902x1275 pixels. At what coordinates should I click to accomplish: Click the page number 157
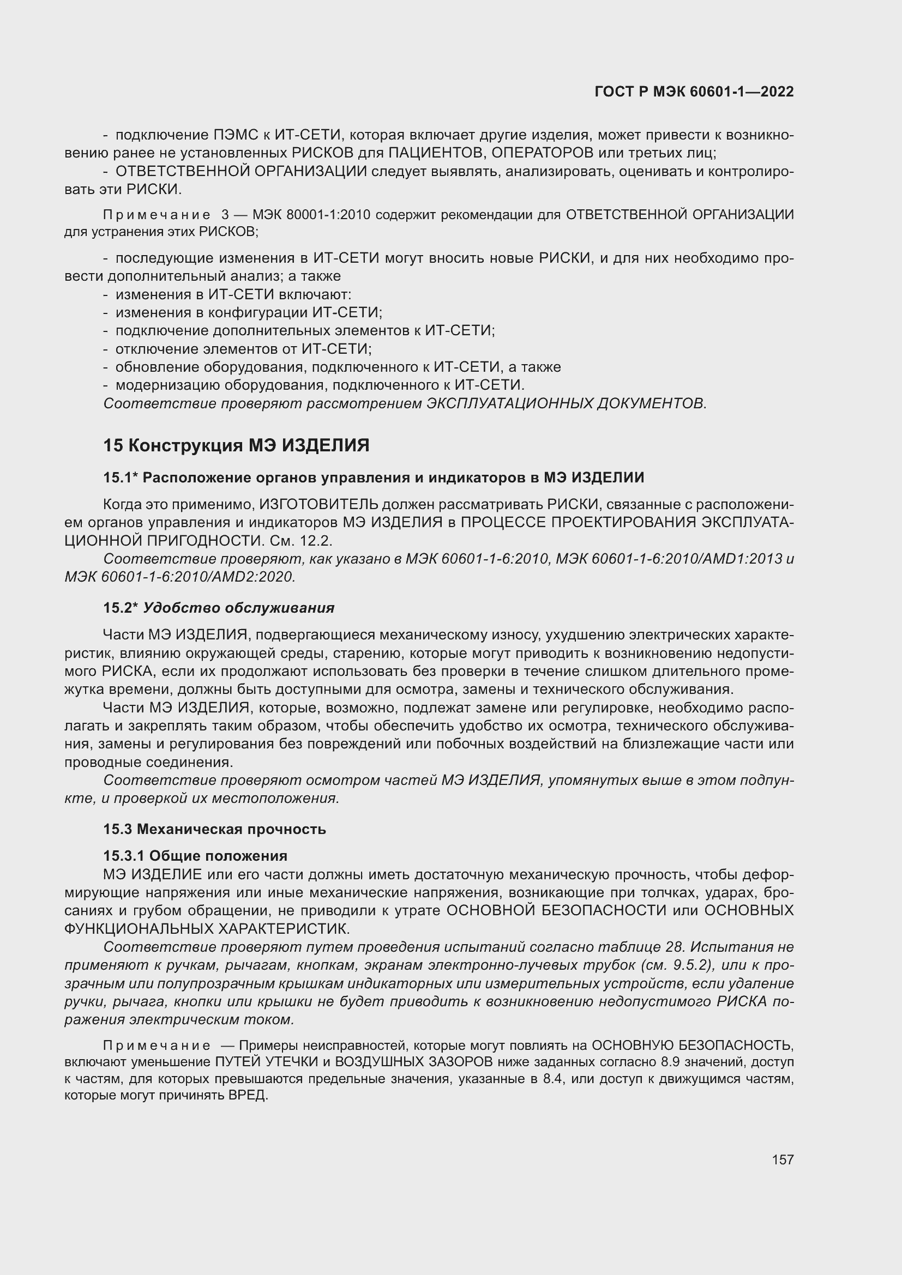pyautogui.click(x=782, y=1159)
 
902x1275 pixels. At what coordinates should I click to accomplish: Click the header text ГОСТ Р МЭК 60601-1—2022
pyautogui.click(x=694, y=92)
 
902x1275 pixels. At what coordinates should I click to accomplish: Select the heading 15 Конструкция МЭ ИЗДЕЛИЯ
pyautogui.click(x=236, y=445)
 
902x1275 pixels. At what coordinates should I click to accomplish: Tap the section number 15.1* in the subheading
pyautogui.click(x=121, y=478)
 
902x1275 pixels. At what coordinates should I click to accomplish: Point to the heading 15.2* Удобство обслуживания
pyautogui.click(x=219, y=607)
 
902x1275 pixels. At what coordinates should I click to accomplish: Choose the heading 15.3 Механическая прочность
pyautogui.click(x=214, y=829)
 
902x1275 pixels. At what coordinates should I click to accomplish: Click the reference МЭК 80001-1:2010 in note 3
pyautogui.click(x=311, y=214)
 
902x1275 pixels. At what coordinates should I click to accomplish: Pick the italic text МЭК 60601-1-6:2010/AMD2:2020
pyautogui.click(x=180, y=577)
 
